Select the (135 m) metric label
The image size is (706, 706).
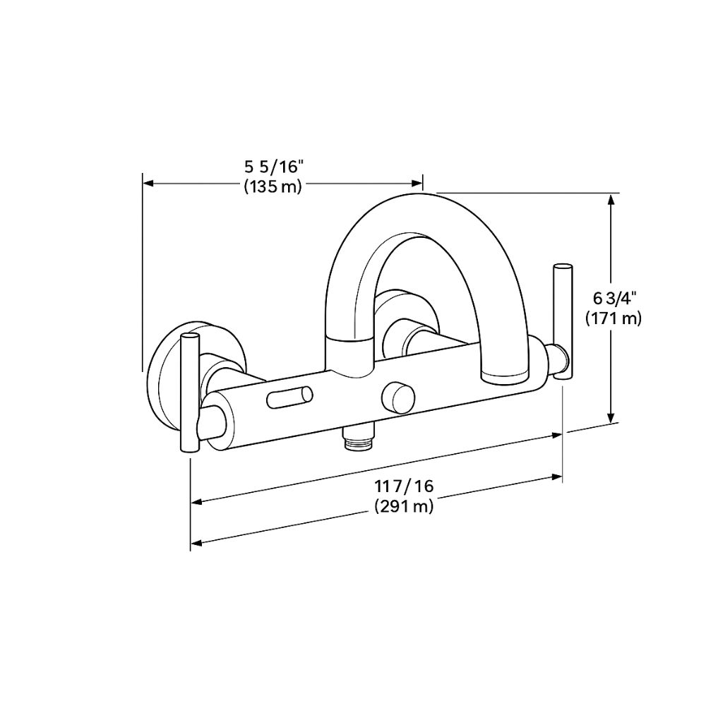273,187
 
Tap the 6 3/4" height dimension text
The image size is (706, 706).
612,299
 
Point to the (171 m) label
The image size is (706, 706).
613,318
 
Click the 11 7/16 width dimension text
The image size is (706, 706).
404,486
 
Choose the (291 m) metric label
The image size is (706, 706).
404,506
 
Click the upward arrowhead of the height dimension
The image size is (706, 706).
612,201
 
